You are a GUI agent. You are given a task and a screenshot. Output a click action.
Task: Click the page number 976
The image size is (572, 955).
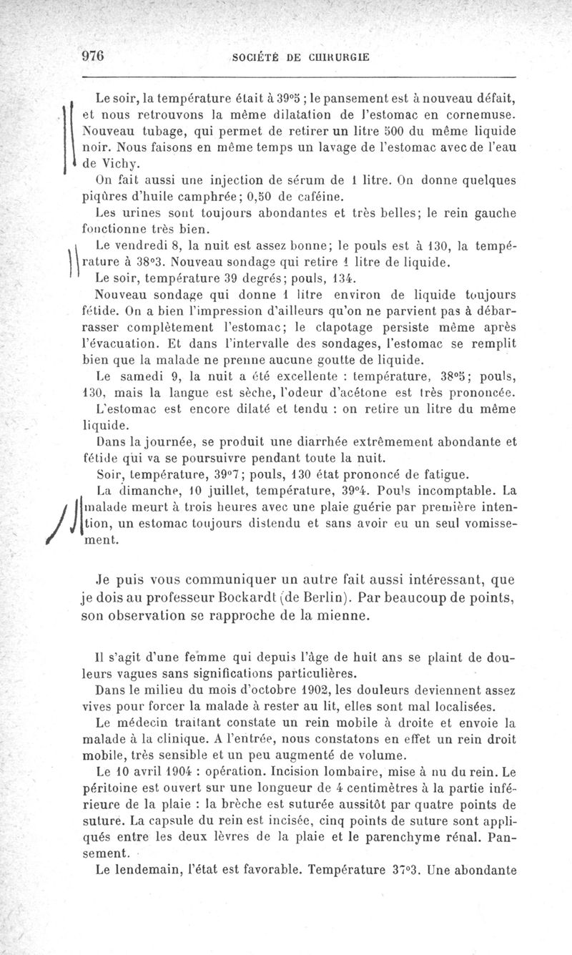93,57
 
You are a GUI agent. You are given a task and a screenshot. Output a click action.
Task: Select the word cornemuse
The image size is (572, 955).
481,114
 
